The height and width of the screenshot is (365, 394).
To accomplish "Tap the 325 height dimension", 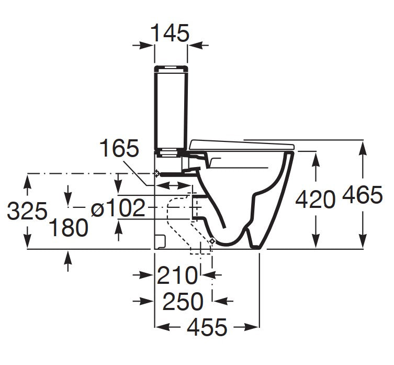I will point(27,212).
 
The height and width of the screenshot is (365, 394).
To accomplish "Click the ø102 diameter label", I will point(117,209).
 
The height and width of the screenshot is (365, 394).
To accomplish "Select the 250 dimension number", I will point(183,301).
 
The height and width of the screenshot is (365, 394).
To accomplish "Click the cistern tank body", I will point(171,110).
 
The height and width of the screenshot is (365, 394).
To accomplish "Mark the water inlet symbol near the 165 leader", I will point(156,173).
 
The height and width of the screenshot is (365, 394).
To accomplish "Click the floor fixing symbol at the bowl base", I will point(212,240).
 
